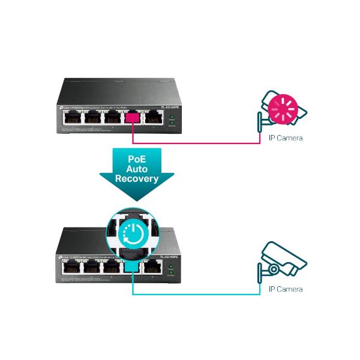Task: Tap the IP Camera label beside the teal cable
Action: pyautogui.click(x=284, y=290)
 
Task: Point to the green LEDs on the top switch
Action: pyautogui.click(x=171, y=119)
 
